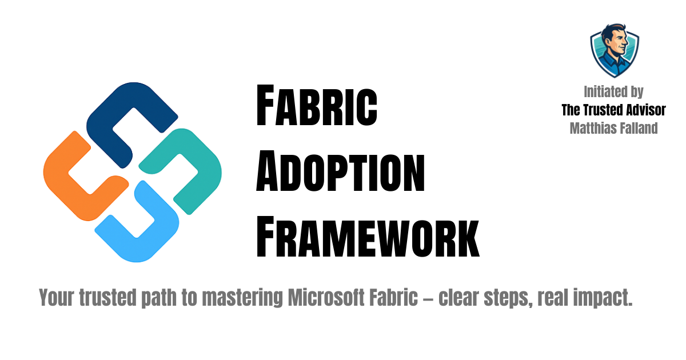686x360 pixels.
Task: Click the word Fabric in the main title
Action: point(316,106)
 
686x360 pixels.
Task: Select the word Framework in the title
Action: point(367,234)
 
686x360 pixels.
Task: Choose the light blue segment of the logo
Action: point(137,229)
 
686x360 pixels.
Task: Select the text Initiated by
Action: point(613,91)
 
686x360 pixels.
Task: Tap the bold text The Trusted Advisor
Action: point(613,110)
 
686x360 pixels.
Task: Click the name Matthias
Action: point(592,128)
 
